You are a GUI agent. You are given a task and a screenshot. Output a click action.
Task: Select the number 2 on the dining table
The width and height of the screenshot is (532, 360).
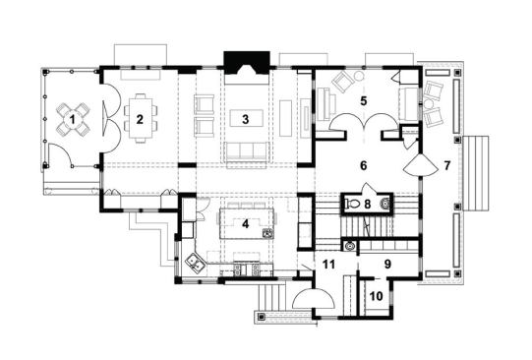pos(141,119)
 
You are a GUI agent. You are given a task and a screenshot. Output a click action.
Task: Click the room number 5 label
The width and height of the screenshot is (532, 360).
pos(364,100)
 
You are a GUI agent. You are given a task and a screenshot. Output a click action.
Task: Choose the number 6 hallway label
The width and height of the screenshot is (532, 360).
pos(363,165)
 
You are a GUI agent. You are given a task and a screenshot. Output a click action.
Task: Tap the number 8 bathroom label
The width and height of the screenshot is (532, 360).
pos(366,204)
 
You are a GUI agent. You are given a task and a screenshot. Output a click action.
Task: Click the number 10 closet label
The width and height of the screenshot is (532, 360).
pos(376,294)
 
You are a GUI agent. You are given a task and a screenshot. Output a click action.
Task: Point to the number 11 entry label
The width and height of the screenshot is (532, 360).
pos(329,266)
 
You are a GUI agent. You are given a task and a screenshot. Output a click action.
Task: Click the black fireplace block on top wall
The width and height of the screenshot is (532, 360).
pos(242,64)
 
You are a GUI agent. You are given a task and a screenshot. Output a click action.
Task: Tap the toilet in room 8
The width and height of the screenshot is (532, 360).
pos(352,205)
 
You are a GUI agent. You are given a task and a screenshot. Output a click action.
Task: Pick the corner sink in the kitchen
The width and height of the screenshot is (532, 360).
pos(194,264)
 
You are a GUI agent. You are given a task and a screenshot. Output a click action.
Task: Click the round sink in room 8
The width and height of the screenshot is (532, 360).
pos(385,205)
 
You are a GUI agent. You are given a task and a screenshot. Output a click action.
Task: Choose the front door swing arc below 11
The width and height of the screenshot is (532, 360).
pos(311,299)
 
